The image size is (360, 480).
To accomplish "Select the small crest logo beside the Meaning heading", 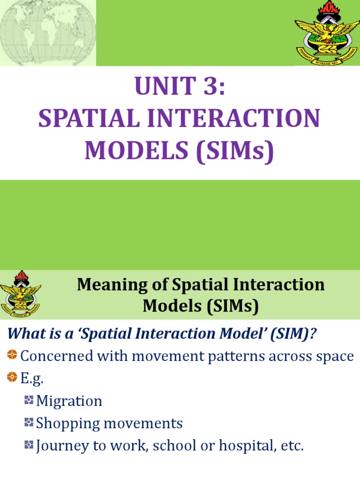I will [x=20, y=294].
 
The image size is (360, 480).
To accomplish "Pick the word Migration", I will [x=69, y=401].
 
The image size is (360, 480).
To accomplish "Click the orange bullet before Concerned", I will [x=12, y=355].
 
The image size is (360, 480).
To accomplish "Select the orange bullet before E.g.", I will [x=12, y=378].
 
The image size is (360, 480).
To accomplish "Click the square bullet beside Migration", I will [x=29, y=400].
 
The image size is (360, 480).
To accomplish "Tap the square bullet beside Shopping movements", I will [x=29, y=423].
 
